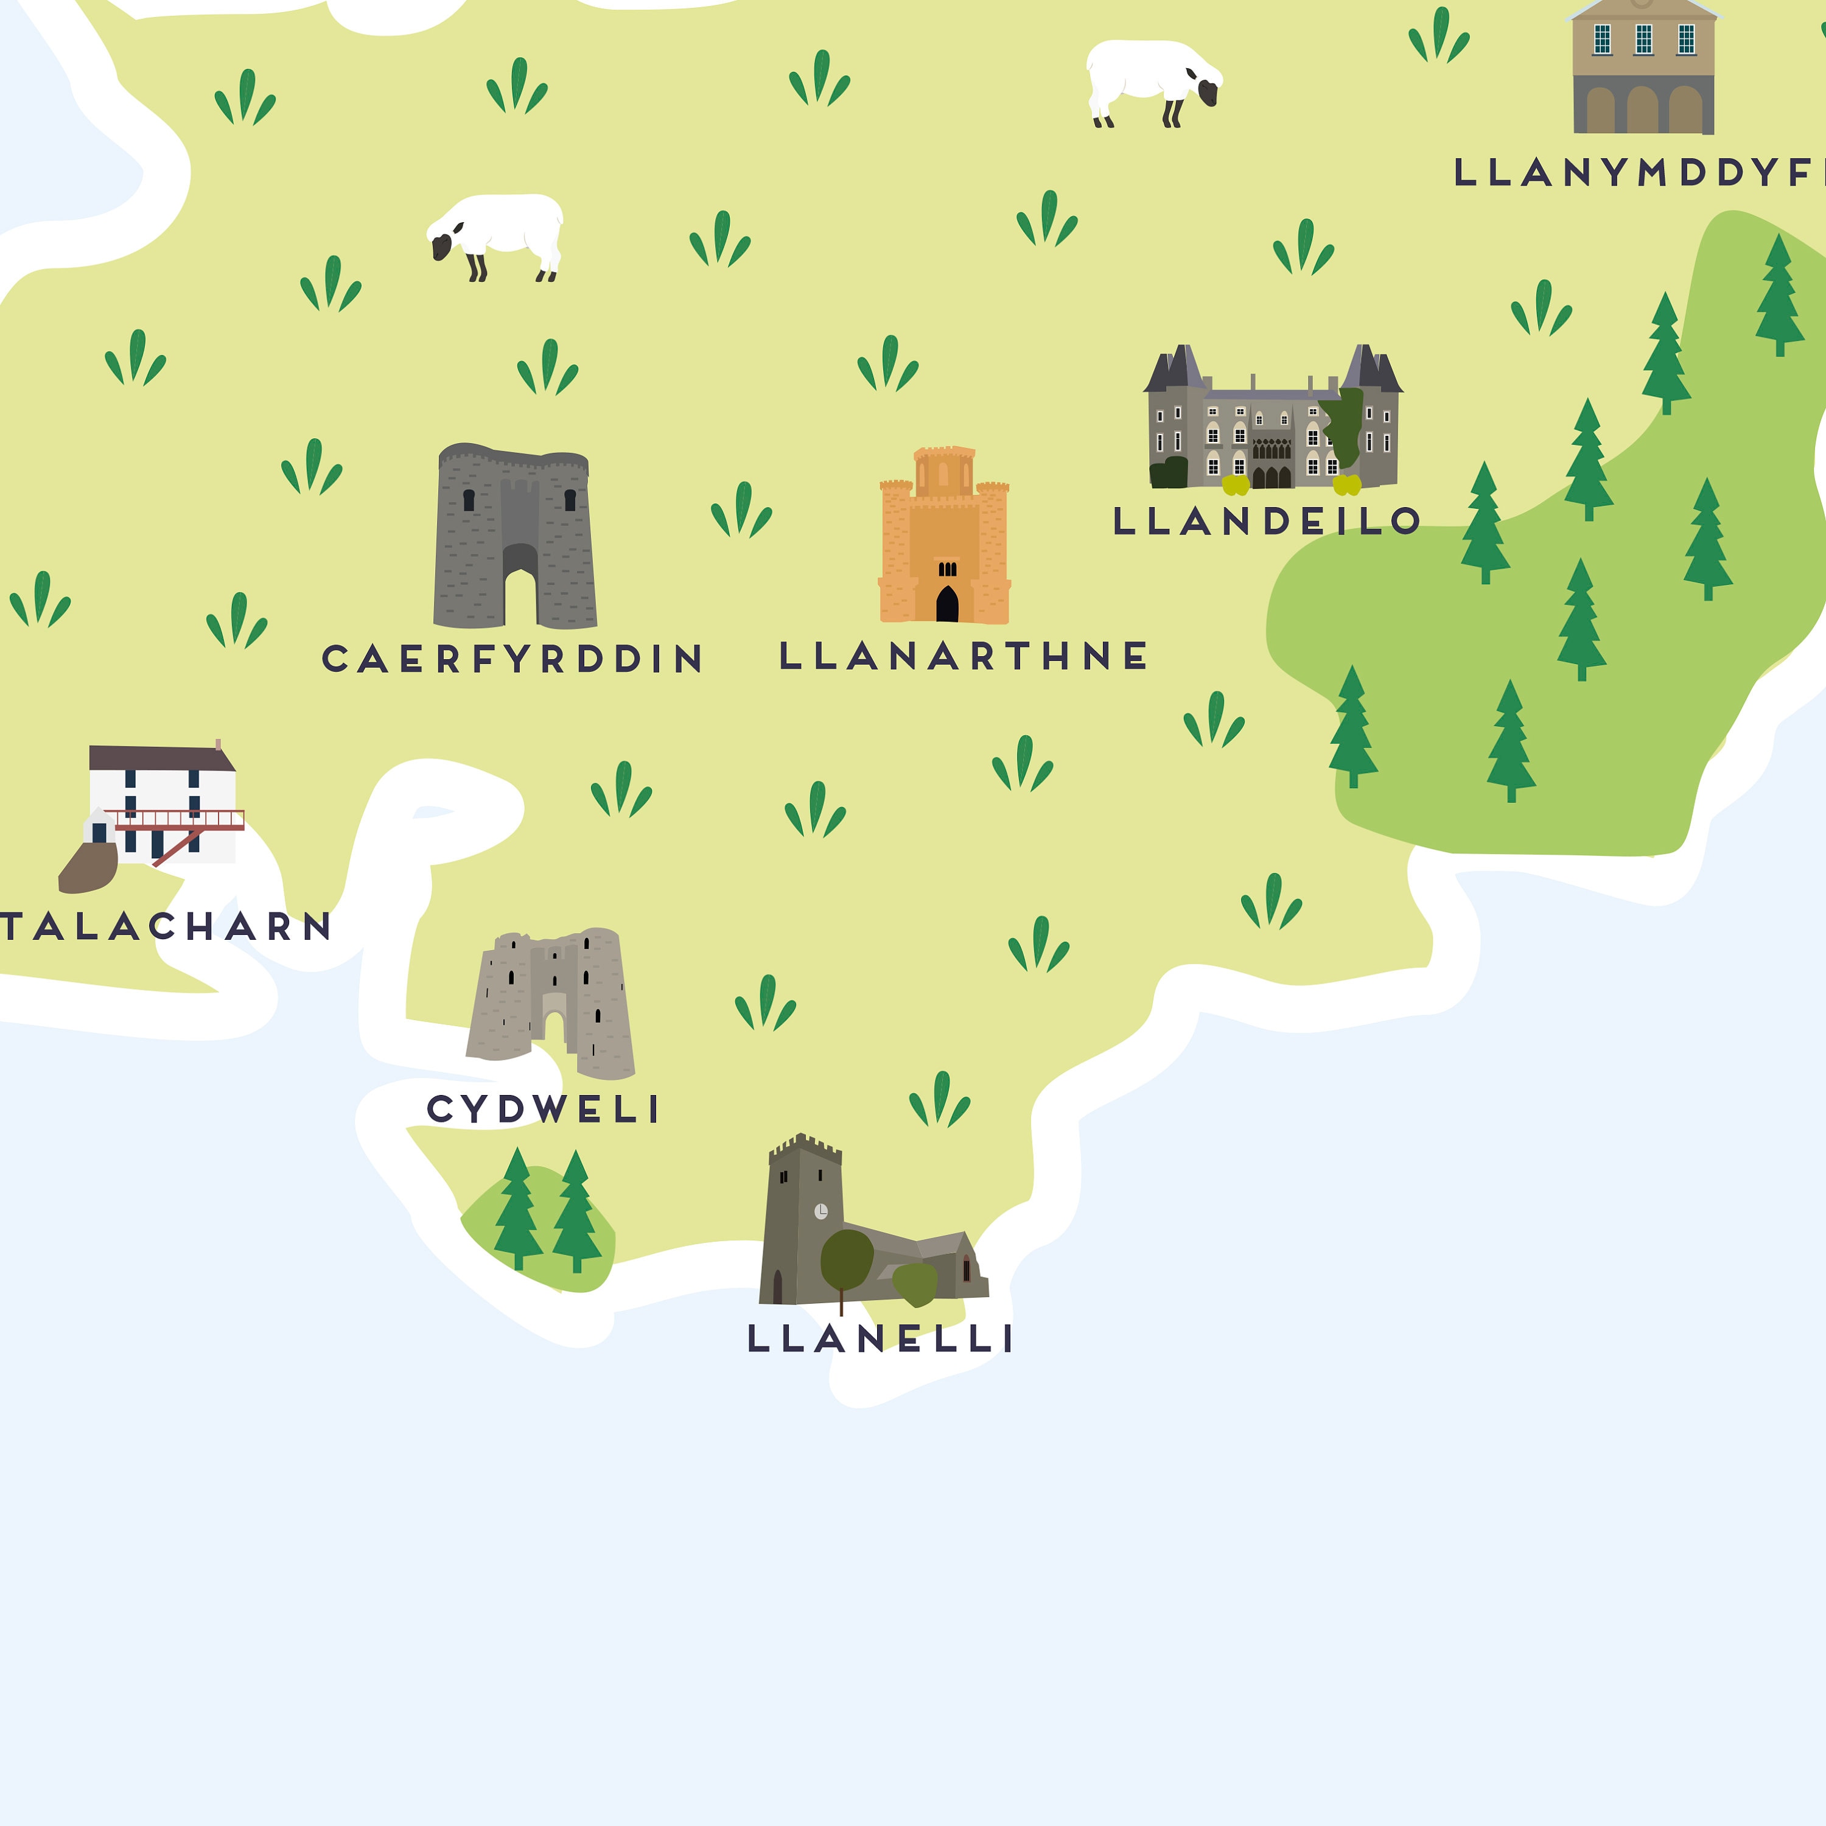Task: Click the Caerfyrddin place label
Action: (513, 659)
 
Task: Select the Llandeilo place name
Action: (1267, 521)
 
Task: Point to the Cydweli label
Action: (544, 1108)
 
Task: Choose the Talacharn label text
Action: (166, 926)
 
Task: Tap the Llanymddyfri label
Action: (1635, 172)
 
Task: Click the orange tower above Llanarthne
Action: (944, 539)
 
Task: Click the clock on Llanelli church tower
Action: (821, 1211)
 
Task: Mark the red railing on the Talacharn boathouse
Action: (180, 819)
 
